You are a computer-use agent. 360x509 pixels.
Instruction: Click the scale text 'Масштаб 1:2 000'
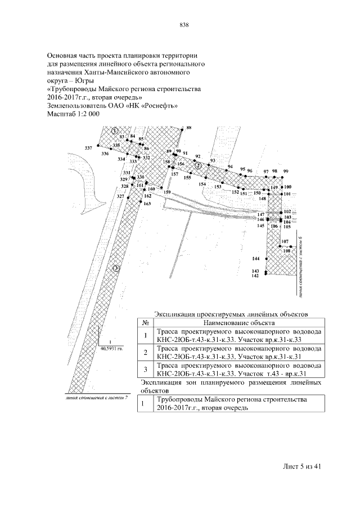(74, 114)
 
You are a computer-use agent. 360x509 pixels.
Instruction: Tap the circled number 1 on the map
(114, 130)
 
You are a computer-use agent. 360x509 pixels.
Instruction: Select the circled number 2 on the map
(199, 165)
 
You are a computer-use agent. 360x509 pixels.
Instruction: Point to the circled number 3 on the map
(116, 268)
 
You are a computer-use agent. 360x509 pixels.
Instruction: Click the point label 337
(88, 147)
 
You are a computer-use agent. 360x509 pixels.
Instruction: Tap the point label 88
(188, 128)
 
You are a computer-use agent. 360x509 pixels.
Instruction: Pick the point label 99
(286, 171)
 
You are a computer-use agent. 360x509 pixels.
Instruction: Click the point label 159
(166, 193)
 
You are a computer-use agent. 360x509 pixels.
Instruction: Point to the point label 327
(120, 196)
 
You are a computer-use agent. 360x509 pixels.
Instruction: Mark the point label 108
(287, 250)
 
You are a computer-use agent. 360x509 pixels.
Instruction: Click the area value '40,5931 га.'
(111, 348)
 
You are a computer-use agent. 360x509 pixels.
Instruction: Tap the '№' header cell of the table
(145, 323)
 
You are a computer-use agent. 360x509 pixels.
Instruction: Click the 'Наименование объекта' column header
(238, 323)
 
